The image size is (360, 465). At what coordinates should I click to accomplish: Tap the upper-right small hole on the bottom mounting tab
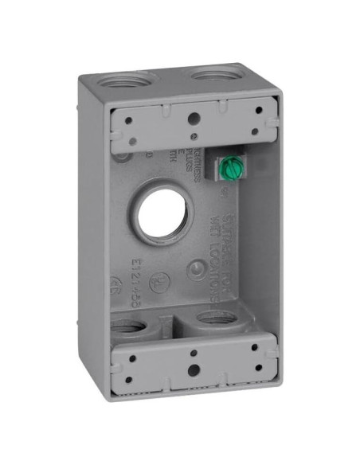(x=253, y=348)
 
